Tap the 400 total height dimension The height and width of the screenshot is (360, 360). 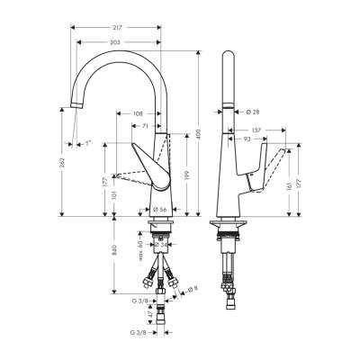pos(200,134)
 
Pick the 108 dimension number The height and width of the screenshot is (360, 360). pos(138,113)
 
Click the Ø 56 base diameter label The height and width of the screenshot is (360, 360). pos(161,210)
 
